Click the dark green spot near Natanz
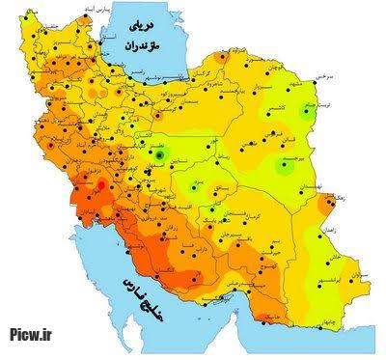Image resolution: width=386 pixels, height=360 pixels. pyautogui.click(x=159, y=152)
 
